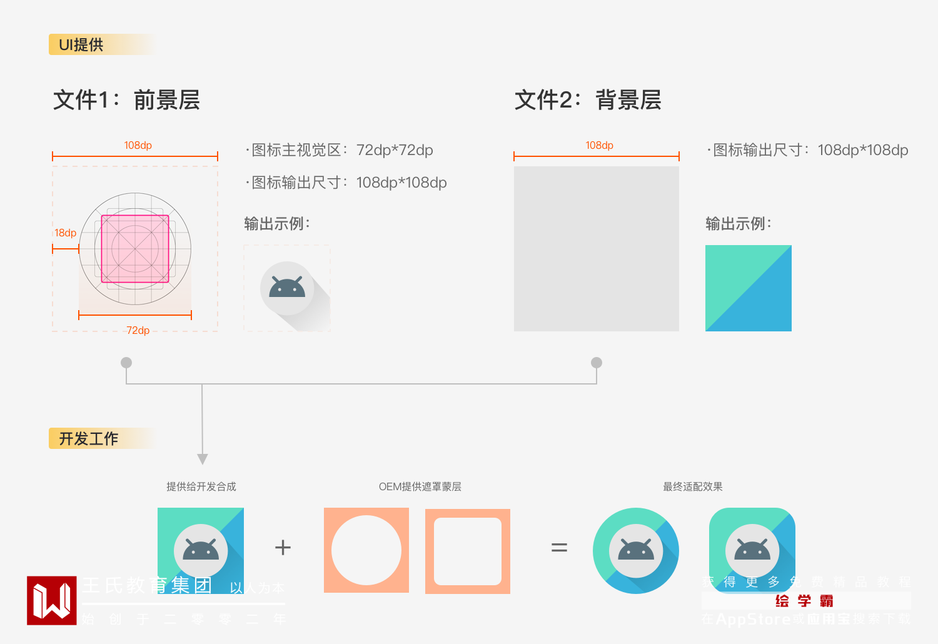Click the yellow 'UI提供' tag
[81, 45]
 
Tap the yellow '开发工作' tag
[89, 439]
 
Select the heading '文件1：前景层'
[126, 100]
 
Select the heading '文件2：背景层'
[588, 100]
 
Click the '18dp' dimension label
[65, 233]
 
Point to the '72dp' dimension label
[138, 330]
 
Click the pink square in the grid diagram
[135, 249]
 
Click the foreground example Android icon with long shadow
[287, 288]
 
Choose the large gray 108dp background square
[596, 249]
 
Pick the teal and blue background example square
[748, 288]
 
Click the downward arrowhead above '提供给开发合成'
[202, 459]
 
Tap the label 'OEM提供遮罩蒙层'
[420, 486]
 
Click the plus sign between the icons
[283, 548]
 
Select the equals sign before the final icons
[559, 548]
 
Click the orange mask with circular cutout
[366, 550]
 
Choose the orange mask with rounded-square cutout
[468, 551]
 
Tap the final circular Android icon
[635, 550]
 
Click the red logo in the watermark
[51, 600]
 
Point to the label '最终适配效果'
[692, 486]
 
